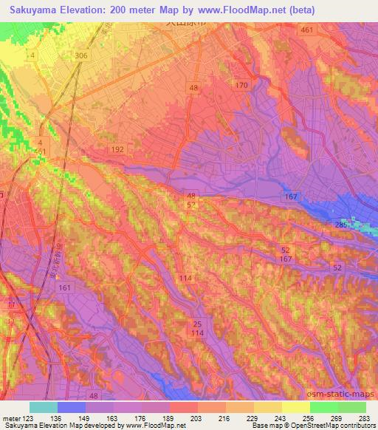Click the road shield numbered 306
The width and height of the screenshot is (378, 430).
80,56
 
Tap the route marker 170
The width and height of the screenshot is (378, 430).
241,86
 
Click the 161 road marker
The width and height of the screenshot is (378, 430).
65,288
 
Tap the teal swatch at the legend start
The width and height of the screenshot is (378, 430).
44,407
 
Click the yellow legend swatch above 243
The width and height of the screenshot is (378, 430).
268,407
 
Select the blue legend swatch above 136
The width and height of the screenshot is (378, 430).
72,407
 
